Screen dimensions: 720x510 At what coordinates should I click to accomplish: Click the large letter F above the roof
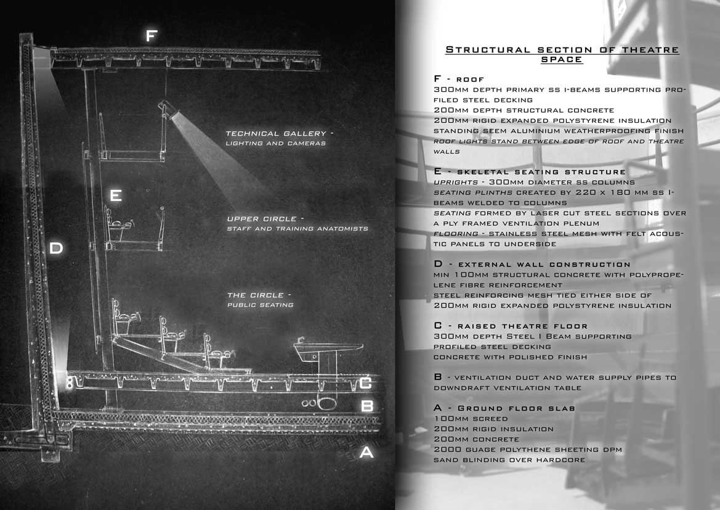coord(152,35)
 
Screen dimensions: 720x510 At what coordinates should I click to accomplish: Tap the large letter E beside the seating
coord(116,195)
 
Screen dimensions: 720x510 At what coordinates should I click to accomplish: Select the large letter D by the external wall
coord(56,249)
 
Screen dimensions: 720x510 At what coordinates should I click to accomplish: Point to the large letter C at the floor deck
coord(365,382)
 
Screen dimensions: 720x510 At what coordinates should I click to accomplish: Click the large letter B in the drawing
coord(367,406)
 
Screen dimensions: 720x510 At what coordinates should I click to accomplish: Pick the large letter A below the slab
coord(366,453)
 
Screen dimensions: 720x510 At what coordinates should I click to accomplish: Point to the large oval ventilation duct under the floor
coord(326,404)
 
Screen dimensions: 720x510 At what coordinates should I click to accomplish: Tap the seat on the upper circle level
coord(120,224)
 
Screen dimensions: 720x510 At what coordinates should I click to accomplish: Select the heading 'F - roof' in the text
coord(459,79)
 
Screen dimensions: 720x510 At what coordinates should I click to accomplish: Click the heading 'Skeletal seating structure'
coord(541,172)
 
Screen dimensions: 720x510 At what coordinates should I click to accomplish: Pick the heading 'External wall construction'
coord(544,265)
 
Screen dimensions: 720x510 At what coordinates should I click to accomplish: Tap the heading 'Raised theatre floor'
coord(522,326)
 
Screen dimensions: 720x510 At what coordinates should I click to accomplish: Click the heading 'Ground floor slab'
coord(517,408)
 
